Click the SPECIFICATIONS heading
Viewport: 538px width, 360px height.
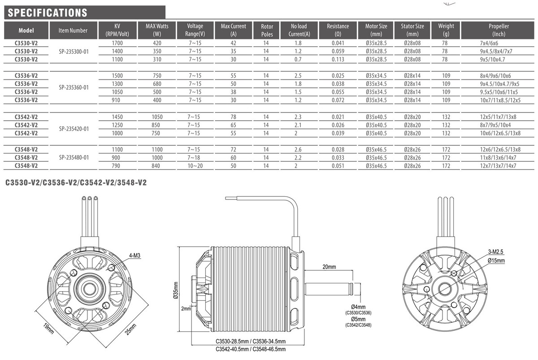click(x=48, y=13)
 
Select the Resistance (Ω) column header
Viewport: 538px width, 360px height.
click(x=338, y=30)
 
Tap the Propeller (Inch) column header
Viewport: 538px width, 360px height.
click(x=498, y=30)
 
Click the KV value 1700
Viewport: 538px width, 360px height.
click(x=118, y=43)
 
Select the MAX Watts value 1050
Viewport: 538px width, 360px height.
click(x=156, y=117)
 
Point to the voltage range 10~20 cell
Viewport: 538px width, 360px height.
click(x=195, y=165)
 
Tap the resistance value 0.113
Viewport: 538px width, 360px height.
click(x=338, y=59)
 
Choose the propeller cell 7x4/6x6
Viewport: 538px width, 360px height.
click(x=489, y=43)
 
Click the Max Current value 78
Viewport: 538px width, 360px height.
click(x=233, y=117)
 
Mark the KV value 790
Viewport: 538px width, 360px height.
click(x=118, y=165)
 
